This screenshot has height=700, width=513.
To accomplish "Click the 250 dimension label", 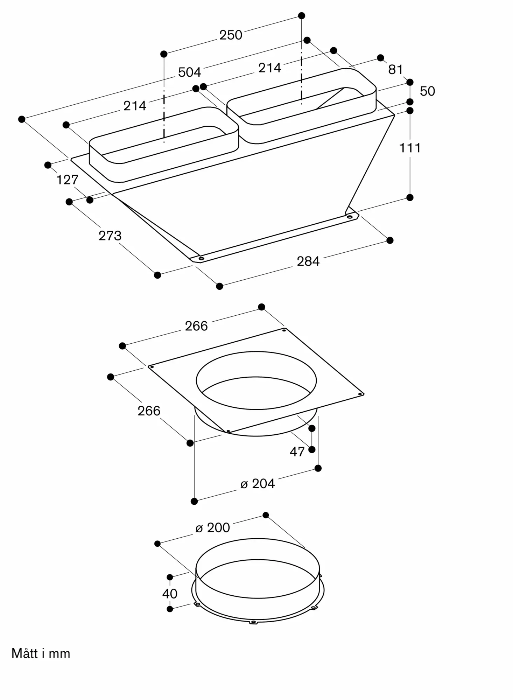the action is pyautogui.click(x=231, y=35).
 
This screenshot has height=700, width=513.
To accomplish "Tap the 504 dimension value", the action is pyautogui.click(x=189, y=72).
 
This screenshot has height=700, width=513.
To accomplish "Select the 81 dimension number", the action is pyautogui.click(x=395, y=69).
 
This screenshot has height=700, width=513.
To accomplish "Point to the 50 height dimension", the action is pyautogui.click(x=427, y=91).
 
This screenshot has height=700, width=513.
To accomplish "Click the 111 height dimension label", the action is pyautogui.click(x=410, y=148).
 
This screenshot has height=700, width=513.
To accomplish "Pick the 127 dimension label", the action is pyautogui.click(x=67, y=180).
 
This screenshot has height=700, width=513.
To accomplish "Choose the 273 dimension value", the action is pyautogui.click(x=110, y=236).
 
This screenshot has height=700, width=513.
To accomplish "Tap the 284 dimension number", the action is pyautogui.click(x=308, y=261).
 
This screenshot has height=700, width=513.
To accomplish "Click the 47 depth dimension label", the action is pyautogui.click(x=297, y=451).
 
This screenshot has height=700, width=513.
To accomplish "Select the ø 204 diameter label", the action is pyautogui.click(x=258, y=483).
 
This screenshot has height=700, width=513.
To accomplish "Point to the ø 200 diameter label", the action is pyautogui.click(x=213, y=527).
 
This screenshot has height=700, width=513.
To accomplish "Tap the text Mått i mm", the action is pyautogui.click(x=41, y=653).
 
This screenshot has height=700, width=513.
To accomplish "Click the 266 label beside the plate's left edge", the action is pyautogui.click(x=149, y=411).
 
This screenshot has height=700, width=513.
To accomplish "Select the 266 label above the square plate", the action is pyautogui.click(x=196, y=326).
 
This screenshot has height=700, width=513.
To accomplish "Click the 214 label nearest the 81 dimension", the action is pyautogui.click(x=269, y=68).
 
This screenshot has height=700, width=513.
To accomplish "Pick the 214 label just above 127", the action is pyautogui.click(x=135, y=105).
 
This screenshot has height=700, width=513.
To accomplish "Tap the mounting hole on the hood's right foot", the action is pyautogui.click(x=349, y=217).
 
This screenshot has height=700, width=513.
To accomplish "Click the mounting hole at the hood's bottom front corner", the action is pyautogui.click(x=201, y=259).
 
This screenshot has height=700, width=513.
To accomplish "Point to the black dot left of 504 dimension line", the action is pyautogui.click(x=22, y=119).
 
